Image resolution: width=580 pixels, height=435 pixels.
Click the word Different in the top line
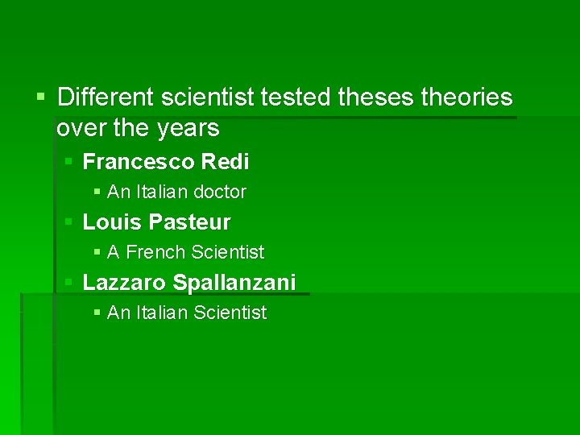(106, 97)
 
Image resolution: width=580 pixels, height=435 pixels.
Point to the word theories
(466, 97)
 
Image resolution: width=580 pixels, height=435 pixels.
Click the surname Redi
(226, 162)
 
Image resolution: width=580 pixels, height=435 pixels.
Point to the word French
(156, 252)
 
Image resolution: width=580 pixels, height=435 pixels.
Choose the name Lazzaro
(125, 282)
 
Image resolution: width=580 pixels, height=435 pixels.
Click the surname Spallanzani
(234, 282)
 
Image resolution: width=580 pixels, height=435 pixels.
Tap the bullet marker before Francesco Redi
(69, 162)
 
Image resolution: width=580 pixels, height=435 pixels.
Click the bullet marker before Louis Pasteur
(69, 222)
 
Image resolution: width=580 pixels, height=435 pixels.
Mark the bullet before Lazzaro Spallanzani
(69, 282)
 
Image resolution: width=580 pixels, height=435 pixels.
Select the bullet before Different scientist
(43, 97)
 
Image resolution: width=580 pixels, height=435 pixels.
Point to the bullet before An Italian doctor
(97, 192)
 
